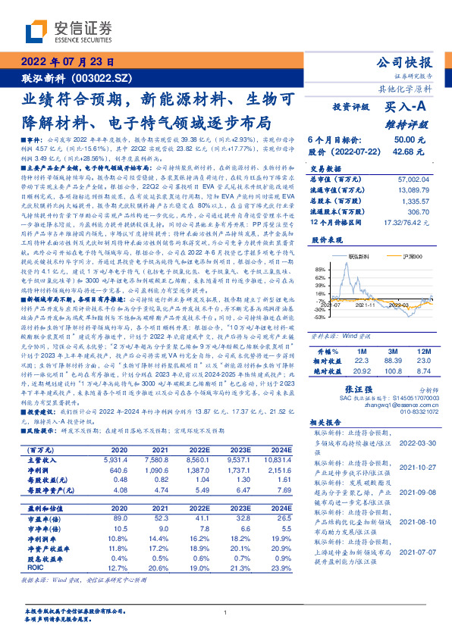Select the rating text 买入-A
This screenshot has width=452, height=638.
point(405,108)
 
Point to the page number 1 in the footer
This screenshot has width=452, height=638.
point(225,612)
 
